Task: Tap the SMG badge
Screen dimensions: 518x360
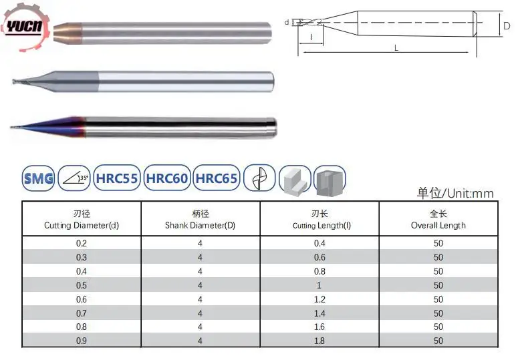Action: click(38, 178)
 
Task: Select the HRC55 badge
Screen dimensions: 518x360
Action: click(117, 178)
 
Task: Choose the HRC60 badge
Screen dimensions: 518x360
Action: click(167, 178)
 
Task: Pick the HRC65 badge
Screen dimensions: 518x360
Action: click(217, 178)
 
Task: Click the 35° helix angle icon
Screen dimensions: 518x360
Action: click(74, 178)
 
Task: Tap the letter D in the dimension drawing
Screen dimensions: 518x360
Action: click(507, 26)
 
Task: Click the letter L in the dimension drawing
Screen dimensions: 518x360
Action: click(396, 48)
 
